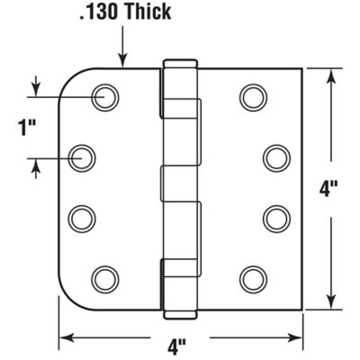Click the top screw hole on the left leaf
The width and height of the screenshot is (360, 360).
(107, 95)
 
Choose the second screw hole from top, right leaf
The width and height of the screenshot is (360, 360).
(275, 157)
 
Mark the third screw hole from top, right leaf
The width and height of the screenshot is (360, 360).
(275, 216)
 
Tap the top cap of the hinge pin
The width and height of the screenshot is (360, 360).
(179, 63)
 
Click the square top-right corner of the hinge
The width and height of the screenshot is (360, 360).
(300, 68)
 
